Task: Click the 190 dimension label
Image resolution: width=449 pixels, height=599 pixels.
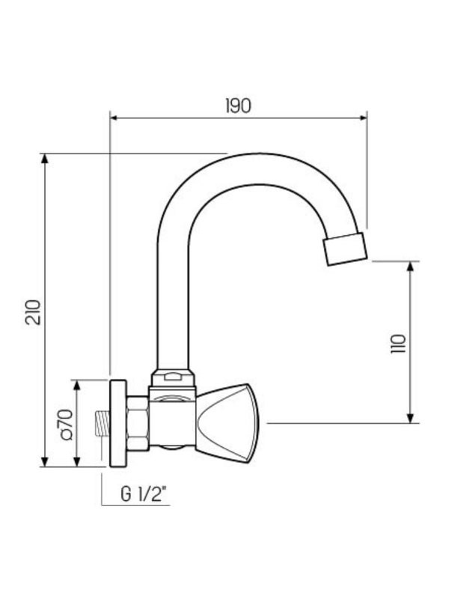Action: coord(237,106)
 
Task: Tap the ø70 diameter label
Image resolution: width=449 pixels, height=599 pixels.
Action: coord(64,424)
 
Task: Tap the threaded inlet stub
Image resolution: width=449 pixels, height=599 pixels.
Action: coord(100,424)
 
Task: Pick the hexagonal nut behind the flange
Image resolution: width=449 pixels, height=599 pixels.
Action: coord(136,424)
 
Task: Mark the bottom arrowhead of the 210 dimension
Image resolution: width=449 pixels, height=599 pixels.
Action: coord(45,464)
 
